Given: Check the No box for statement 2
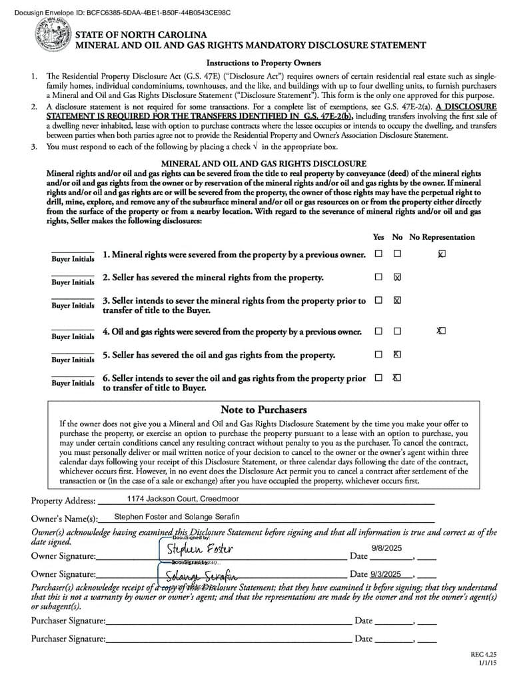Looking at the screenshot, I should [398, 277].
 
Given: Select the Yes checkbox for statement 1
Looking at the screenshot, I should [378, 254].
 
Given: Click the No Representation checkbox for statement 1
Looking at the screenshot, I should [442, 254].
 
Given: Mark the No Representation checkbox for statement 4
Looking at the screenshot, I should [441, 331].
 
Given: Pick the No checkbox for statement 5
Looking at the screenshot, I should [397, 354].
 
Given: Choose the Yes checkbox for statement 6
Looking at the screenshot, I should [378, 378].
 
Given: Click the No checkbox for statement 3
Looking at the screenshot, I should [398, 300].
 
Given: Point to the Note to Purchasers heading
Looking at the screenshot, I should [263, 410].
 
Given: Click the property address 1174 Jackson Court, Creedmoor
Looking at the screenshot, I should [173, 498].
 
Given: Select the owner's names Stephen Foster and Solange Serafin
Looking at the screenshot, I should [177, 516].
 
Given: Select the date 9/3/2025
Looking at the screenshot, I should [386, 573].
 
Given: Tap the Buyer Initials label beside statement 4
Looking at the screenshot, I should [73, 336].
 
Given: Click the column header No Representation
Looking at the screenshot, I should [442, 236].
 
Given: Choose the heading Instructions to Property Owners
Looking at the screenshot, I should [263, 63].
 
